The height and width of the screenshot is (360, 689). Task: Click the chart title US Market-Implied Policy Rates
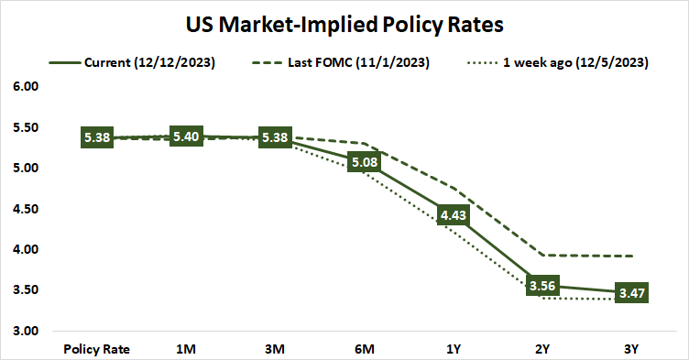click(344, 21)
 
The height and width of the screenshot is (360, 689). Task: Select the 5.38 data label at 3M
click(274, 138)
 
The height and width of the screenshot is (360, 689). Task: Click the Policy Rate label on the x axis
click(96, 349)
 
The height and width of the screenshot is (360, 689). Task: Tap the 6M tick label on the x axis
click(363, 349)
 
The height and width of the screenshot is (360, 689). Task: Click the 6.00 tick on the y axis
click(27, 87)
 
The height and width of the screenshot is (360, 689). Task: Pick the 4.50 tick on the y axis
click(27, 209)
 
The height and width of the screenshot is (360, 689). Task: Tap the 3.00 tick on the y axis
click(27, 331)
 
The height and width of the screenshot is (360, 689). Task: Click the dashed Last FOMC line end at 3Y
click(631, 256)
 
